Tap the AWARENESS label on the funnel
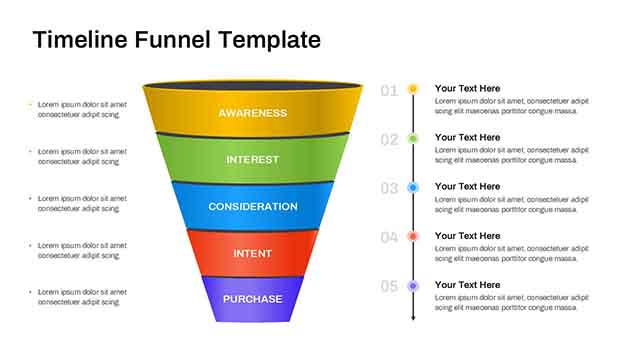pyautogui.click(x=252, y=113)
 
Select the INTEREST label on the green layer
pyautogui.click(x=252, y=160)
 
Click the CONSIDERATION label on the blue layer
pyautogui.click(x=252, y=207)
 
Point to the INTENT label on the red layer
pyautogui.click(x=252, y=254)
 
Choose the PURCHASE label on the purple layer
pyautogui.click(x=252, y=299)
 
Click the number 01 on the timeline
pyautogui.click(x=389, y=91)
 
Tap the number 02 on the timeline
pyautogui.click(x=389, y=140)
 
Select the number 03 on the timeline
pyautogui.click(x=389, y=189)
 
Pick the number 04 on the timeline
pyautogui.click(x=389, y=238)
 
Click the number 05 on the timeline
pyautogui.click(x=389, y=287)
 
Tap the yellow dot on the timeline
pyautogui.click(x=413, y=89)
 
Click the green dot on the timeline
pyautogui.click(x=413, y=138)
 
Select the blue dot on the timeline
pyautogui.click(x=413, y=187)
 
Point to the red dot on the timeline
pyautogui.click(x=413, y=236)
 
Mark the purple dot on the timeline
pyautogui.click(x=413, y=286)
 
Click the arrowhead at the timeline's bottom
pyautogui.click(x=413, y=317)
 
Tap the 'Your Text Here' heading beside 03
pyautogui.click(x=467, y=187)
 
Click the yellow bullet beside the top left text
pyautogui.click(x=30, y=104)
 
